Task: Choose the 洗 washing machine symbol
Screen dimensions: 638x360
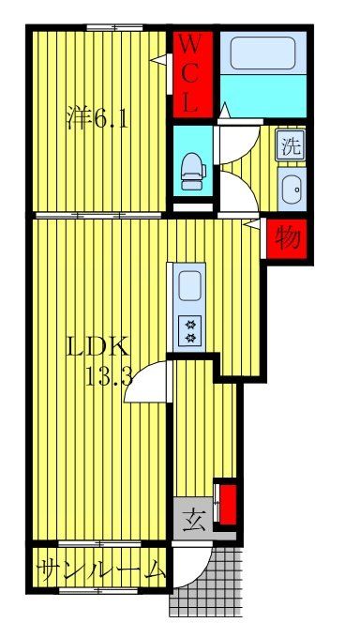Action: click(x=291, y=146)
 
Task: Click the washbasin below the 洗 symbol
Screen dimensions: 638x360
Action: click(x=292, y=187)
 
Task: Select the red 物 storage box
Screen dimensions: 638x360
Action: click(x=287, y=239)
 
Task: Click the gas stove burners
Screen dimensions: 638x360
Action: click(x=189, y=330)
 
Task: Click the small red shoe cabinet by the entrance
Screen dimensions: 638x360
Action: click(x=226, y=506)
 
